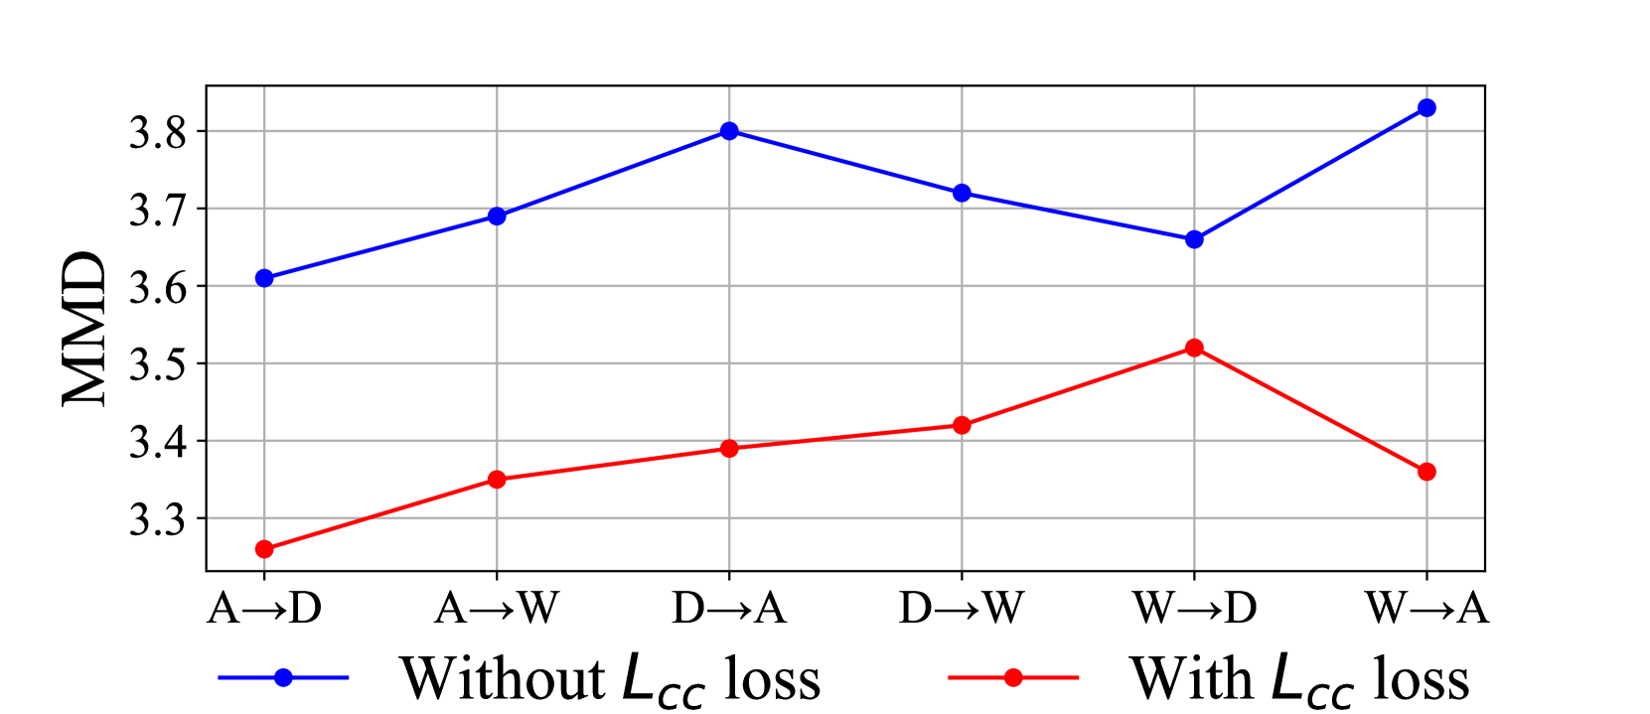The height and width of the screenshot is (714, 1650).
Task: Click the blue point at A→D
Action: (x=264, y=278)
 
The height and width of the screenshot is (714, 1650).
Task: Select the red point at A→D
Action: (x=264, y=549)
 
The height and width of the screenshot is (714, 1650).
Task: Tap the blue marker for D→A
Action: (x=729, y=131)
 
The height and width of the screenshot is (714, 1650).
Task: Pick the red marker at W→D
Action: (x=1194, y=348)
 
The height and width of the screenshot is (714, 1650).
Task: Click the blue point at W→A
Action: (x=1426, y=107)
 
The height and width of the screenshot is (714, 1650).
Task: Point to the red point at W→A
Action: (x=1426, y=472)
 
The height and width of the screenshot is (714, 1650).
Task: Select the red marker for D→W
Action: (x=962, y=425)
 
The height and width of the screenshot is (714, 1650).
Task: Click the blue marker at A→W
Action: (x=497, y=216)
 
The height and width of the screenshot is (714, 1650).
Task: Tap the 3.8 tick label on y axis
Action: (x=158, y=133)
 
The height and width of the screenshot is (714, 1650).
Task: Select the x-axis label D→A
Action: (x=729, y=608)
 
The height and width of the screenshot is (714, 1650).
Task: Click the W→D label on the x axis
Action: (x=1194, y=608)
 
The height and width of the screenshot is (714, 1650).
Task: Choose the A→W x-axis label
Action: (x=497, y=608)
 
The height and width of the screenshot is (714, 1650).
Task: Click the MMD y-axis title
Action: (x=85, y=329)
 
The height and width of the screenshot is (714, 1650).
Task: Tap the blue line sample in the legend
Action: (x=283, y=677)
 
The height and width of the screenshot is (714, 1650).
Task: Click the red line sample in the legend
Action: (x=1013, y=677)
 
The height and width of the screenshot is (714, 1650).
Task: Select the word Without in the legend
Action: (x=502, y=679)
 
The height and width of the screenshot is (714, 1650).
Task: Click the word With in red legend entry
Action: (x=1191, y=679)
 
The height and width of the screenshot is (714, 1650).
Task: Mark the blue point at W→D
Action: (x=1194, y=239)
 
